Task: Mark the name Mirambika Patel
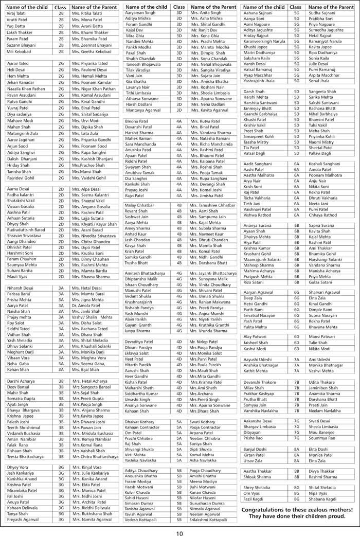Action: (x=23, y=476)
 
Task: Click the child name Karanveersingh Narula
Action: (x=264, y=41)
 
